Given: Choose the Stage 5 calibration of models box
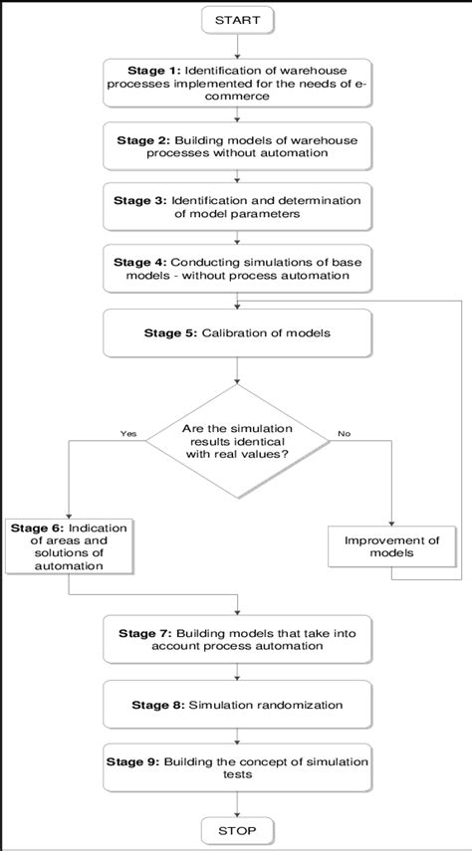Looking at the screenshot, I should pyautogui.click(x=236, y=333).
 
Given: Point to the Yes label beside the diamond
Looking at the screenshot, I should pyautogui.click(x=127, y=434).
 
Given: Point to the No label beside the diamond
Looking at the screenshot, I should pyautogui.click(x=345, y=434).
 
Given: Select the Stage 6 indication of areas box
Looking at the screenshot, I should pyautogui.click(x=68, y=546).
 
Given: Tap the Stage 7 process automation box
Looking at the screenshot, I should pyautogui.click(x=236, y=639).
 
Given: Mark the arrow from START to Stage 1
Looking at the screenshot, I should pyautogui.click(x=236, y=44).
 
